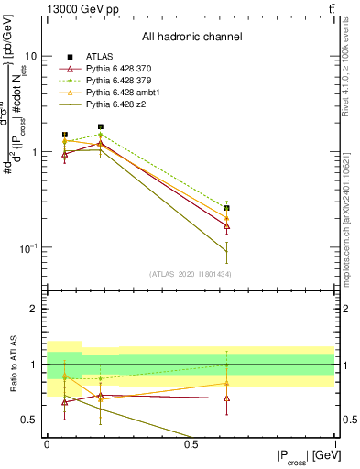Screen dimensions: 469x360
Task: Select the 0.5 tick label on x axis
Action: coord(191,444)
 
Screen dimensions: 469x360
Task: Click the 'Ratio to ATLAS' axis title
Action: coord(13,365)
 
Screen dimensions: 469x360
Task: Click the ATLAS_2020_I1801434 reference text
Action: coord(190,274)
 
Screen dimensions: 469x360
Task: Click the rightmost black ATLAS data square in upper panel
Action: coord(226,208)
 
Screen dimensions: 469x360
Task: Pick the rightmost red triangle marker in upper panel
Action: coord(226,225)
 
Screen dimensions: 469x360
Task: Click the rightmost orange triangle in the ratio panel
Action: coord(226,383)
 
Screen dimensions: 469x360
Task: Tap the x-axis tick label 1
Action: coord(334,444)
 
